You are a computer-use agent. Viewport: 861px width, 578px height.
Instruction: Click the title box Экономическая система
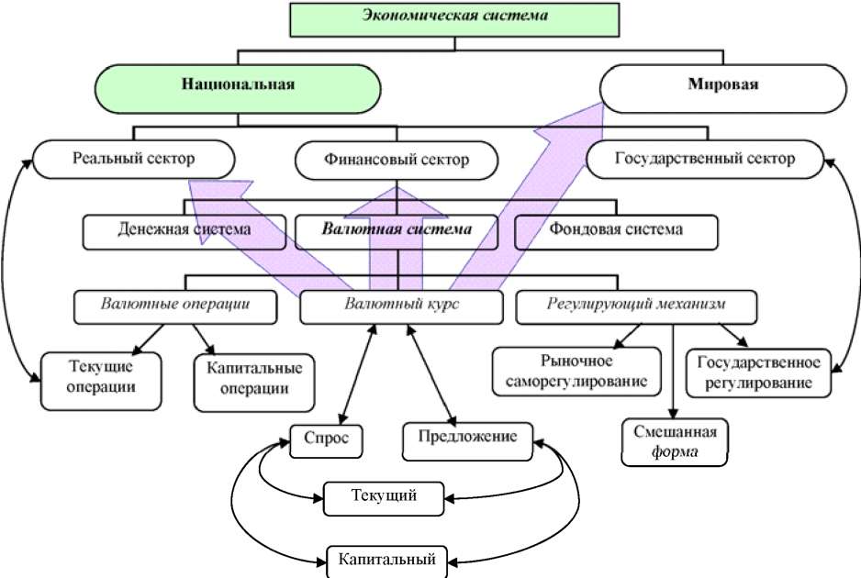(453, 18)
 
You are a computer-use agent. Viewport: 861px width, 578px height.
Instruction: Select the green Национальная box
(238, 87)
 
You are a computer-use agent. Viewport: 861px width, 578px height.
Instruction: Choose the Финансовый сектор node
(396, 160)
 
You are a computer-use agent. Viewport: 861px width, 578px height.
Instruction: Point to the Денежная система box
(184, 230)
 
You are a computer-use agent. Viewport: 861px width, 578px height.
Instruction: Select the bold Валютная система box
(396, 230)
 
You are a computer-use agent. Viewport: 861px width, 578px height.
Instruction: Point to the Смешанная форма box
(675, 442)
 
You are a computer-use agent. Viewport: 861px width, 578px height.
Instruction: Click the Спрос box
(326, 438)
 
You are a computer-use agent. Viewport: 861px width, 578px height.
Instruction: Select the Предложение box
(466, 438)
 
